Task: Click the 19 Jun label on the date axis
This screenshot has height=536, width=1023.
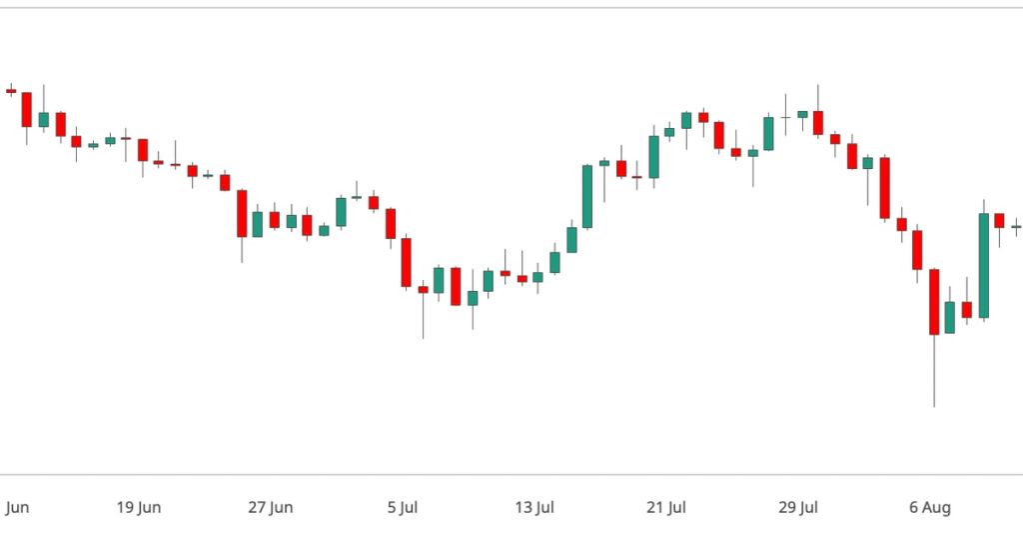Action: (x=138, y=507)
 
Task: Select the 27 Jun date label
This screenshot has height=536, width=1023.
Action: (x=270, y=507)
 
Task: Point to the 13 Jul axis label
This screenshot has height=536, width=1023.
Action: (x=533, y=507)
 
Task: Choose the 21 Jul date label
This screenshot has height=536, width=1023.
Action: (x=665, y=507)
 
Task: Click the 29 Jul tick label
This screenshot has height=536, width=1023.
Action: (x=798, y=507)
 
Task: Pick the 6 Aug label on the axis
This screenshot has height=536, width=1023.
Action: (x=930, y=507)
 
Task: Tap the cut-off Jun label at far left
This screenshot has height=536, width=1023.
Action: (x=16, y=507)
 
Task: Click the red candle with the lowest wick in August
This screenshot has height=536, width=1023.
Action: (x=934, y=301)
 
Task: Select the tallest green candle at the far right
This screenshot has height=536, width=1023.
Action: (x=983, y=265)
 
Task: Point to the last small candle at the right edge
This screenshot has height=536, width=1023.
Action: (x=1016, y=227)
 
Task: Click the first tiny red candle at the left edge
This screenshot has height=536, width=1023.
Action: (x=11, y=91)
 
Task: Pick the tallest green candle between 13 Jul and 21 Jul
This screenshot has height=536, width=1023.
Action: (x=587, y=196)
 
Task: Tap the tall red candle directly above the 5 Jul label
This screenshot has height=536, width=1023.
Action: (x=407, y=262)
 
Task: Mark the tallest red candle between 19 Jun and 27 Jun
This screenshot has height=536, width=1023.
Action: (x=242, y=213)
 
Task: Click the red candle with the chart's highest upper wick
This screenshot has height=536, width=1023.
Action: (x=817, y=122)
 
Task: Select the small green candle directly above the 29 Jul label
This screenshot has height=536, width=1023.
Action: (x=801, y=114)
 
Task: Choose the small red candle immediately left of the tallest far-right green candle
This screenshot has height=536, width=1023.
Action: (x=966, y=309)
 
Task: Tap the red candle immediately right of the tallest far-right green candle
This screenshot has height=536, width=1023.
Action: (x=999, y=220)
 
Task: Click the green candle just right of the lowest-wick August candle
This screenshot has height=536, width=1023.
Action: (x=950, y=317)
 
